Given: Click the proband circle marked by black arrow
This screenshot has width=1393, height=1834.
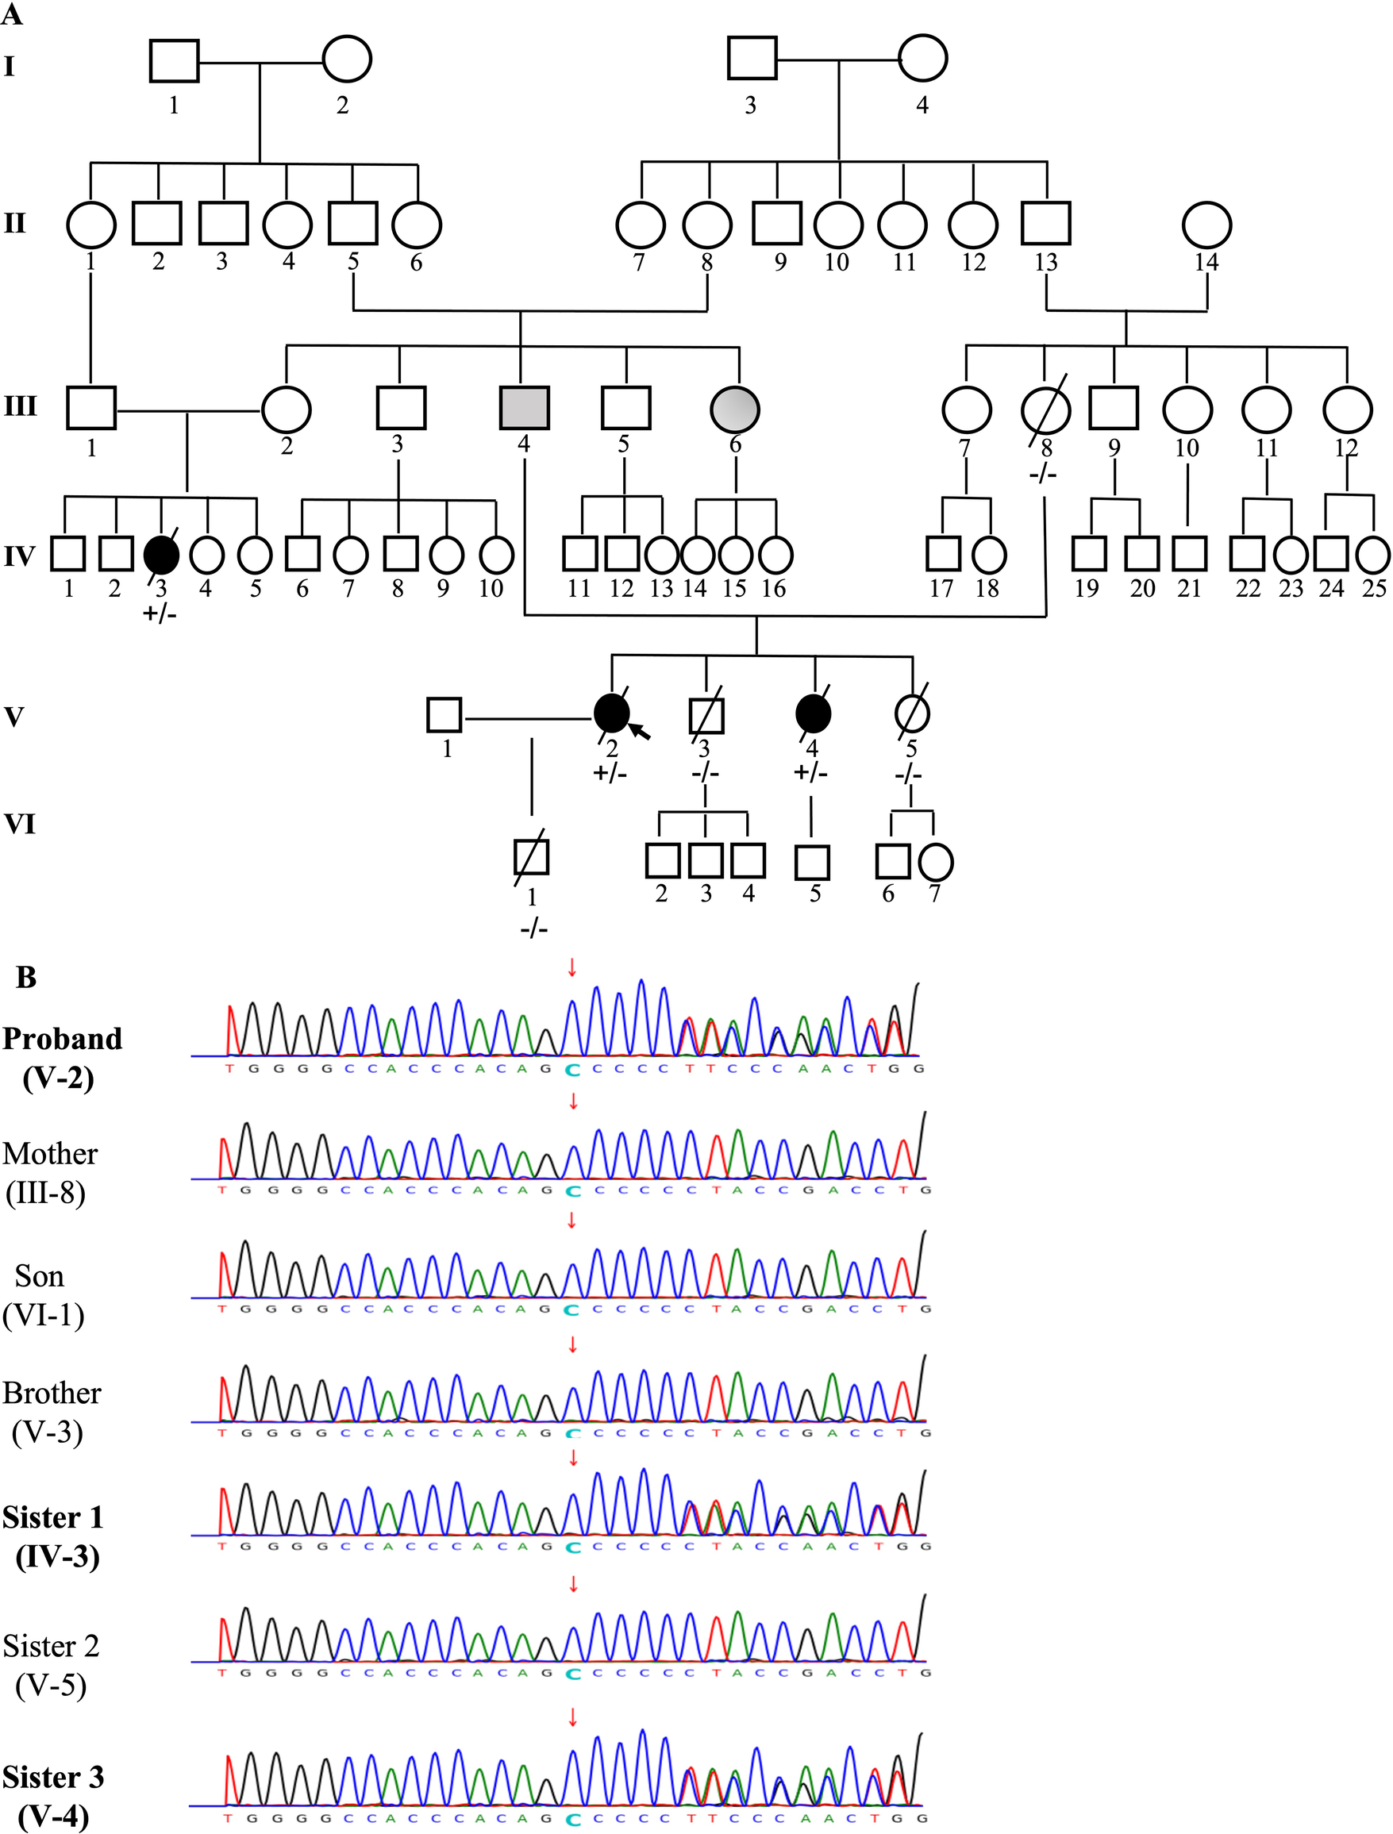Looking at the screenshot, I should pyautogui.click(x=612, y=713).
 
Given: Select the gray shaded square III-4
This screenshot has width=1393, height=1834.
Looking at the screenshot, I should pyautogui.click(x=524, y=409).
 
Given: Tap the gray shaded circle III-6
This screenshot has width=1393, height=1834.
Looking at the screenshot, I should pyautogui.click(x=736, y=409).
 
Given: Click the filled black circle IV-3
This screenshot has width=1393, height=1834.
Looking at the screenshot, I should pyautogui.click(x=161, y=555).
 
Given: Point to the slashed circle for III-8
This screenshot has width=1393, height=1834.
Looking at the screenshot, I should pyautogui.click(x=1045, y=409).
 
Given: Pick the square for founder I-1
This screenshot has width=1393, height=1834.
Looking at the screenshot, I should pyautogui.click(x=174, y=60).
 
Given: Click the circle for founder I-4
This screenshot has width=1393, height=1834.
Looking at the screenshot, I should pyautogui.click(x=923, y=59).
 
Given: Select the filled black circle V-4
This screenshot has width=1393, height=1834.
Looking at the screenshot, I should pyautogui.click(x=813, y=713).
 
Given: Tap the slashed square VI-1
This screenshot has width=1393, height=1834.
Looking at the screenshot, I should pyautogui.click(x=531, y=857).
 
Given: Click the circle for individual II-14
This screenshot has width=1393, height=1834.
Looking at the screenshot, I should pyautogui.click(x=1206, y=224).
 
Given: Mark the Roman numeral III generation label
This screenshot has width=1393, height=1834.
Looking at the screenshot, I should pyautogui.click(x=21, y=406).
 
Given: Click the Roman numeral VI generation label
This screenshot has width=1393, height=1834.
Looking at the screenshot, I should pyautogui.click(x=21, y=824).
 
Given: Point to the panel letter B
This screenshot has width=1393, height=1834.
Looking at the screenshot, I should pyautogui.click(x=26, y=978).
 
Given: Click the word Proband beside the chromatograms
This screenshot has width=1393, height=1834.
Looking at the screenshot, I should pyautogui.click(x=62, y=1039).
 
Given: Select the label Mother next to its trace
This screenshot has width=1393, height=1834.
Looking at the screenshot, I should pyautogui.click(x=50, y=1153).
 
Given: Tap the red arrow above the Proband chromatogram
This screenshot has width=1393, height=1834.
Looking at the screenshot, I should pyautogui.click(x=571, y=967).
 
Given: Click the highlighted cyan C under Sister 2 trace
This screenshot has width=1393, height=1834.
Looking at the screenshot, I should pyautogui.click(x=571, y=1674).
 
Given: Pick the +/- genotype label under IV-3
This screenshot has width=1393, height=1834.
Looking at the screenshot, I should pyautogui.click(x=160, y=614).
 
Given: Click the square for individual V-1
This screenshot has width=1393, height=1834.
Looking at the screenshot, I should pyautogui.click(x=444, y=715).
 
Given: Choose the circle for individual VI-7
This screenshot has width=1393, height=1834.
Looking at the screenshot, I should pyautogui.click(x=935, y=863).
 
